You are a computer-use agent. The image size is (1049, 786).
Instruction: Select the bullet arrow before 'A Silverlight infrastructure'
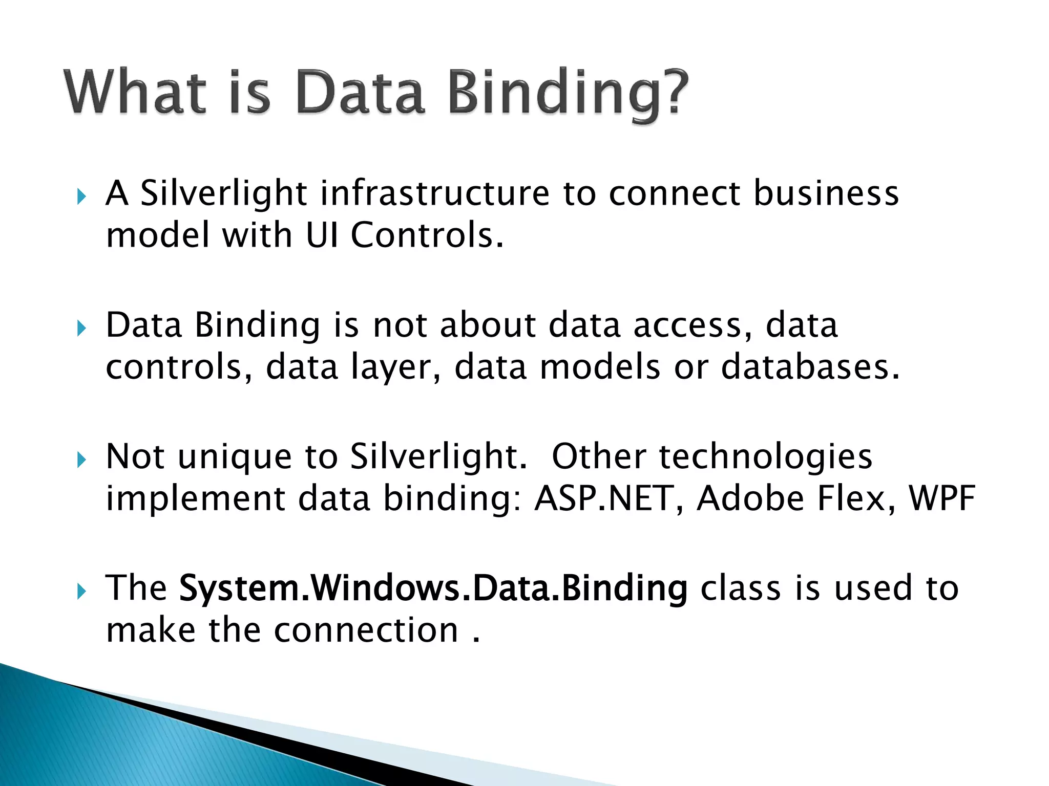tap(81, 196)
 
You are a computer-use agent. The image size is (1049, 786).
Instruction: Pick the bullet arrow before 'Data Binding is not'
tap(81, 328)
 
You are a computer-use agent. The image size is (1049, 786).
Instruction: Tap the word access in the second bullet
tap(686, 325)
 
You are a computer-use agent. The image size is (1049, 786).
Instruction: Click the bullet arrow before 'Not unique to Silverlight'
tap(81, 460)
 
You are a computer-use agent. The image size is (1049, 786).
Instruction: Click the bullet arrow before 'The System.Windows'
tap(81, 592)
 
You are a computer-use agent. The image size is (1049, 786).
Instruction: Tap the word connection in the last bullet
tap(366, 630)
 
